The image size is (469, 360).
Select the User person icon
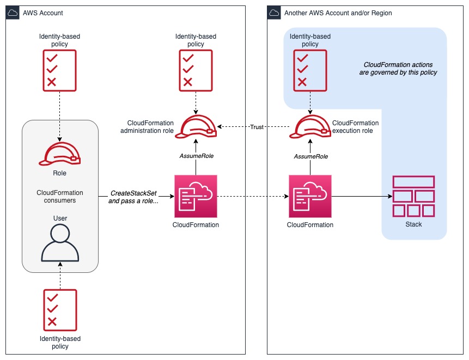(x=60, y=243)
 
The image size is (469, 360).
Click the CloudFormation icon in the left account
(x=196, y=196)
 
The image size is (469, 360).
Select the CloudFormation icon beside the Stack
(x=310, y=196)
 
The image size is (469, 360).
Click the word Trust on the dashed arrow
(x=257, y=127)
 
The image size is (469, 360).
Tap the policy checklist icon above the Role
(x=59, y=70)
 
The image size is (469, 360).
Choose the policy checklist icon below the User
(x=60, y=309)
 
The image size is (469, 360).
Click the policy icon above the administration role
(x=196, y=70)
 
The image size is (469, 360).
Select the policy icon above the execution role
(x=310, y=70)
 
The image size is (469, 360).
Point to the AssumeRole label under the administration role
(x=196, y=156)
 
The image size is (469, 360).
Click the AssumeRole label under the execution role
(x=310, y=156)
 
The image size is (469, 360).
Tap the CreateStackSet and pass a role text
(x=133, y=197)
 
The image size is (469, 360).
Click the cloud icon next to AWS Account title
(x=13, y=13)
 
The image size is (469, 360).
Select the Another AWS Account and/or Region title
(x=338, y=13)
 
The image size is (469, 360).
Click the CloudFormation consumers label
(x=60, y=196)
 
